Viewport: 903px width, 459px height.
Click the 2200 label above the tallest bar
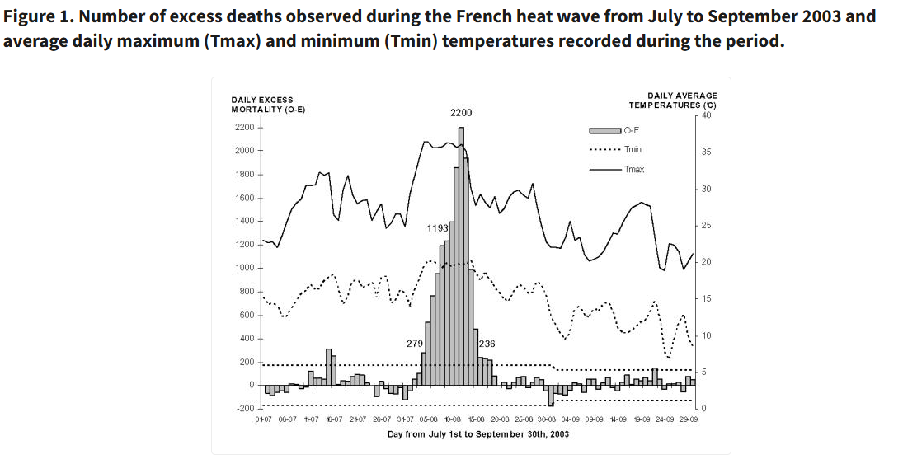pyautogui.click(x=461, y=113)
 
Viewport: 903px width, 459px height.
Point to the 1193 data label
pyautogui.click(x=437, y=227)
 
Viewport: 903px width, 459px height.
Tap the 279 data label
pyautogui.click(x=414, y=343)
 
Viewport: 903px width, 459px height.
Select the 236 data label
pyautogui.click(x=487, y=343)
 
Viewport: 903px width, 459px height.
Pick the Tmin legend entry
pyautogui.click(x=633, y=150)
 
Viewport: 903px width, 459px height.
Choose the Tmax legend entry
pyautogui.click(x=634, y=169)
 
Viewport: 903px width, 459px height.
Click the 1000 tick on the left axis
pyautogui.click(x=245, y=269)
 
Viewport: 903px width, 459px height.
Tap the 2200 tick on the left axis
pyautogui.click(x=245, y=128)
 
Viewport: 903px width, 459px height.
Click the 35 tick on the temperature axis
pyautogui.click(x=706, y=152)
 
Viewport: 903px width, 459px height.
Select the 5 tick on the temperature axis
pyautogui.click(x=703, y=372)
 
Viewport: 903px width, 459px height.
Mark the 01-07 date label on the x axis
pyautogui.click(x=264, y=419)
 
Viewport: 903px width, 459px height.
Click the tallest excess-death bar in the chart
pyautogui.click(x=461, y=255)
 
